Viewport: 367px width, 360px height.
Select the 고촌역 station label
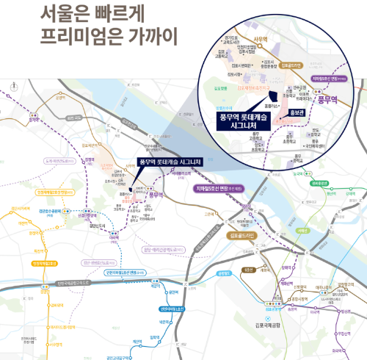210,214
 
